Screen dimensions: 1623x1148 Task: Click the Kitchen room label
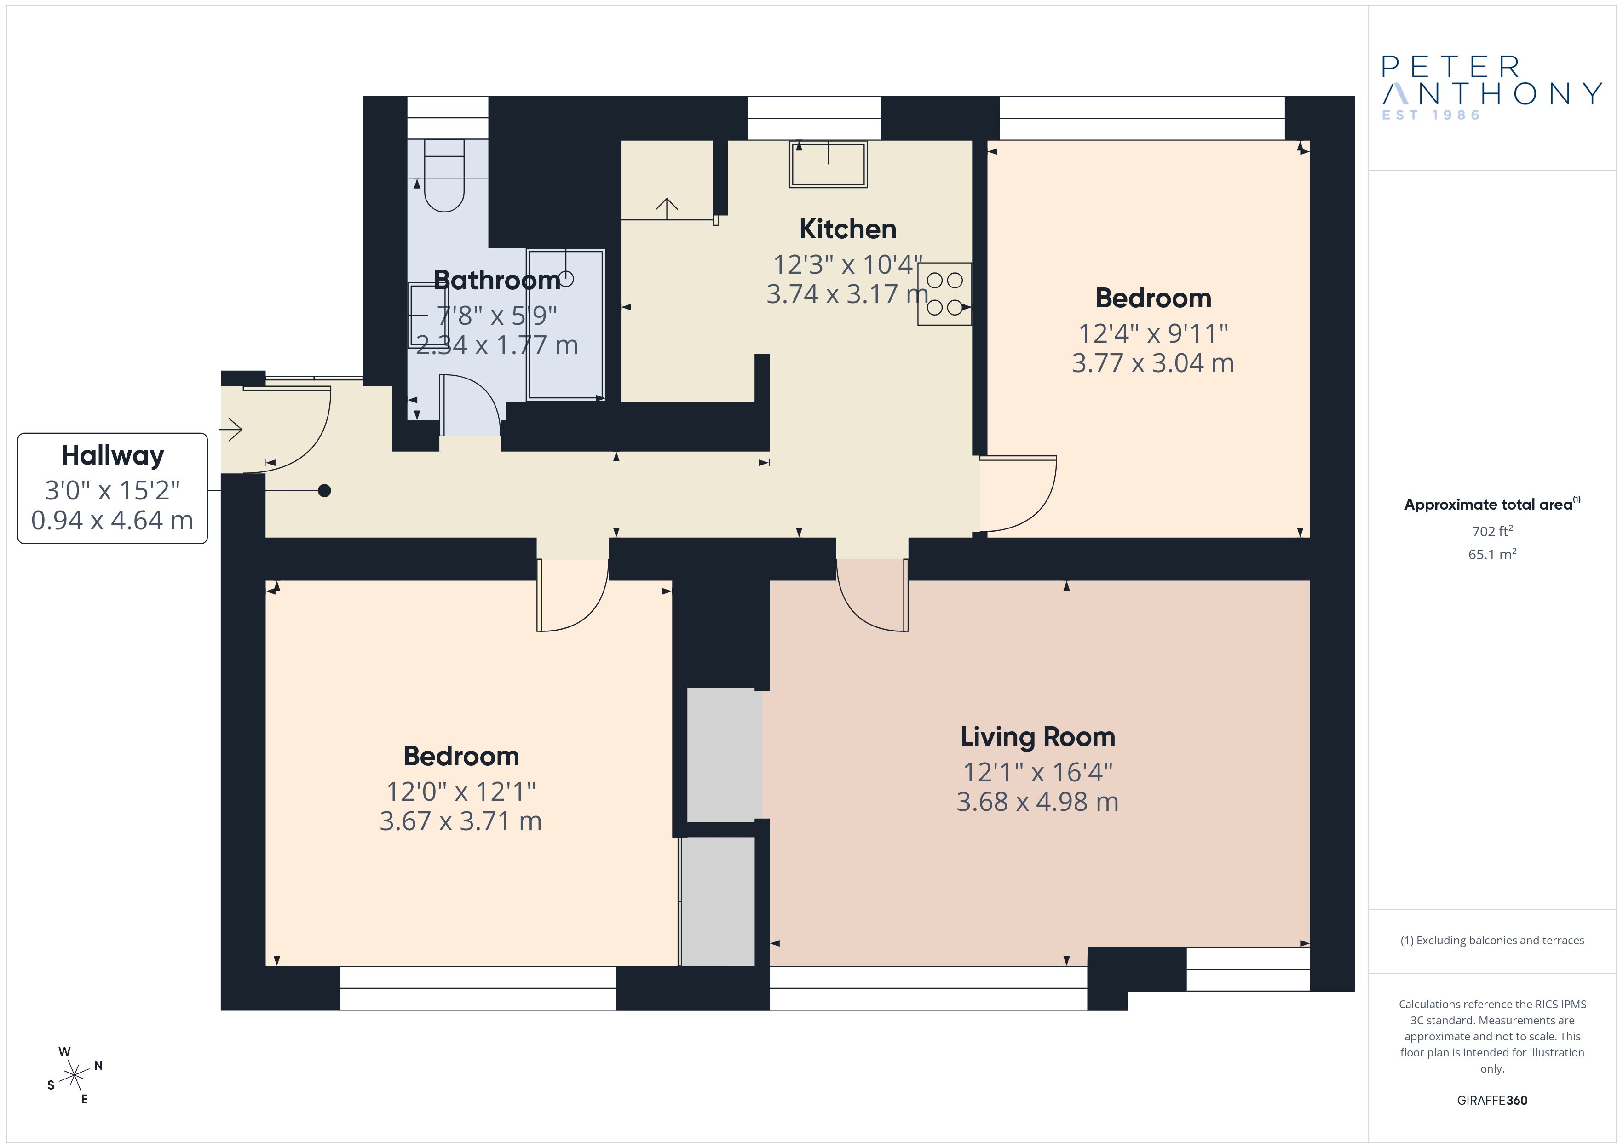[847, 229]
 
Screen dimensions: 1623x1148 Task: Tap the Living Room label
[1037, 736]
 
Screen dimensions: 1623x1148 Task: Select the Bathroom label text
[497, 280]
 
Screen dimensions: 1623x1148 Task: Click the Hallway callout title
[112, 456]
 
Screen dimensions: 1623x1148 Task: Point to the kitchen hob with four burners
[944, 294]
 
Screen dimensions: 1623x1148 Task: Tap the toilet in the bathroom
[444, 175]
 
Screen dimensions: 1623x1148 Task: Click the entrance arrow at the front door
[231, 429]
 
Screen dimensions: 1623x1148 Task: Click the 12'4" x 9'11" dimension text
[1153, 333]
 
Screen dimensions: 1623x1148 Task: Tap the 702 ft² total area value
[1492, 531]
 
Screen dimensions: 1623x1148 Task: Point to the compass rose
[74, 1076]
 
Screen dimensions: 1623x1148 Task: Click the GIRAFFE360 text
[1492, 1100]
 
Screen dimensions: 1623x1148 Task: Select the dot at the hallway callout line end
[324, 491]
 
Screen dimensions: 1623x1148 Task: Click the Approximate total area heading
[1491, 504]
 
